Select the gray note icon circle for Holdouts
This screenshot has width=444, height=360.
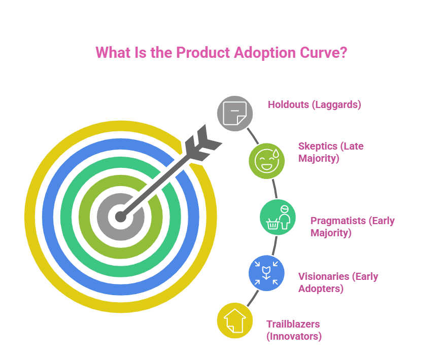point(235,113)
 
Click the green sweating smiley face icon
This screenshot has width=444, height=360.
point(266,160)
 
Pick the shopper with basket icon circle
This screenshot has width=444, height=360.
point(277,217)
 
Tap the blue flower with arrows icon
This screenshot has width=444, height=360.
point(266,273)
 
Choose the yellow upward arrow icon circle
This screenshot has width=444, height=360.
point(234,320)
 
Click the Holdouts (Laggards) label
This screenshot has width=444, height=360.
point(314,105)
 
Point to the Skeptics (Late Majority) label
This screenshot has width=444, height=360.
point(331,152)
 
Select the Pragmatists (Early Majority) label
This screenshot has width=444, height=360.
point(352,227)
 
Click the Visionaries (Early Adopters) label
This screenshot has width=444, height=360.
point(338,282)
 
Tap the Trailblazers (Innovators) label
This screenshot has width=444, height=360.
point(294,330)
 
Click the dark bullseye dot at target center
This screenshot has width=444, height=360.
point(120,217)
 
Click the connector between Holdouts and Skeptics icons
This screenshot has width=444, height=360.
point(253,135)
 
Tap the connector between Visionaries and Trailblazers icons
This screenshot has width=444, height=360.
point(252,299)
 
